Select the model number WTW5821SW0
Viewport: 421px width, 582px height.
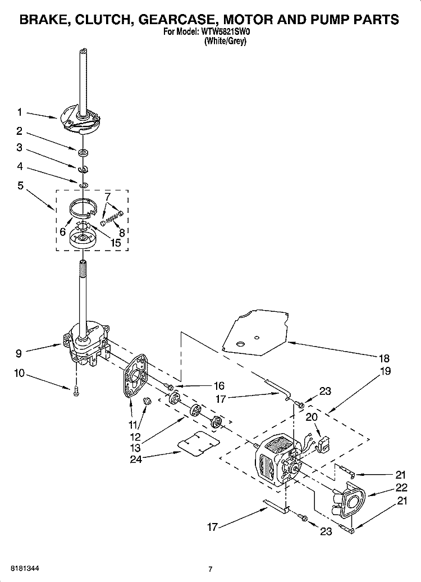click(227, 33)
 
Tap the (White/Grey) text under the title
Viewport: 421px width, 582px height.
click(226, 41)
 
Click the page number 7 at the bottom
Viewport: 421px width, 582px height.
click(210, 569)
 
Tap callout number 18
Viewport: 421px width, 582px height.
click(385, 358)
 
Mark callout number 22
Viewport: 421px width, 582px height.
click(400, 488)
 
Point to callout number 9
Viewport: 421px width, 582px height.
click(19, 353)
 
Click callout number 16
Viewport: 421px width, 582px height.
click(218, 385)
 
